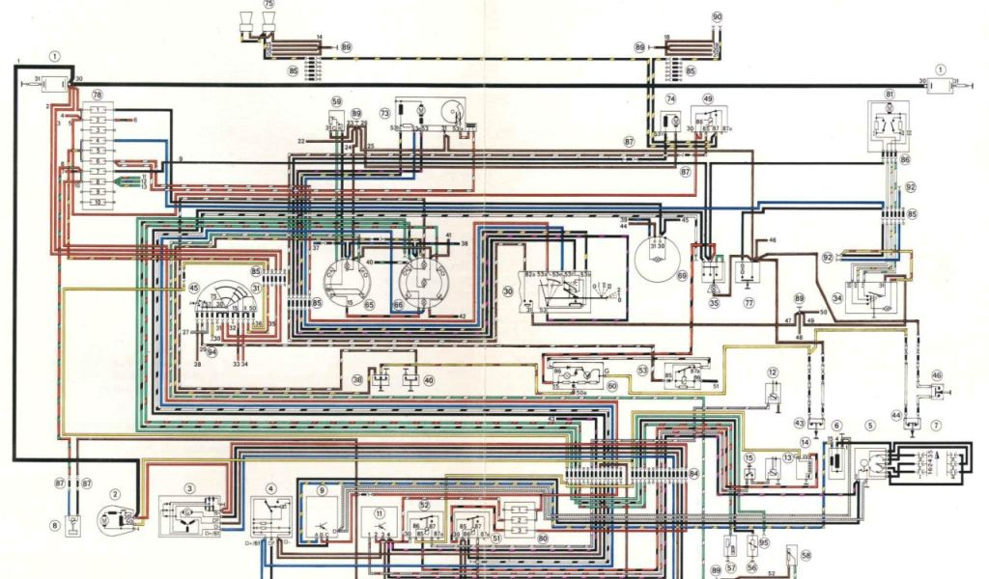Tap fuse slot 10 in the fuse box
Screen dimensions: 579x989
(x=99, y=204)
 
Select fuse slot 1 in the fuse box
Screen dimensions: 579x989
(x=99, y=113)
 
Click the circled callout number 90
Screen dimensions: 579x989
(x=717, y=17)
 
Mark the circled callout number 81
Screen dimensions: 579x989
(x=890, y=94)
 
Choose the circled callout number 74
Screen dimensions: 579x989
(x=669, y=98)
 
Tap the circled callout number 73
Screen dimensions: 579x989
(x=384, y=113)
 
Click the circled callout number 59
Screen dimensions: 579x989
(x=337, y=101)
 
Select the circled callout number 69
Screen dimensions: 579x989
(x=682, y=276)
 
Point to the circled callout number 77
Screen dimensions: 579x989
(x=749, y=302)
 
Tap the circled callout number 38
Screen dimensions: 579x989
(x=357, y=380)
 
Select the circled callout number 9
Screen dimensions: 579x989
(x=323, y=491)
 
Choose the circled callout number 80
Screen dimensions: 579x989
(x=543, y=538)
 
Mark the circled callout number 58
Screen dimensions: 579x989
(x=805, y=557)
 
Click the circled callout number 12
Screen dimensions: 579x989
(x=773, y=372)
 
